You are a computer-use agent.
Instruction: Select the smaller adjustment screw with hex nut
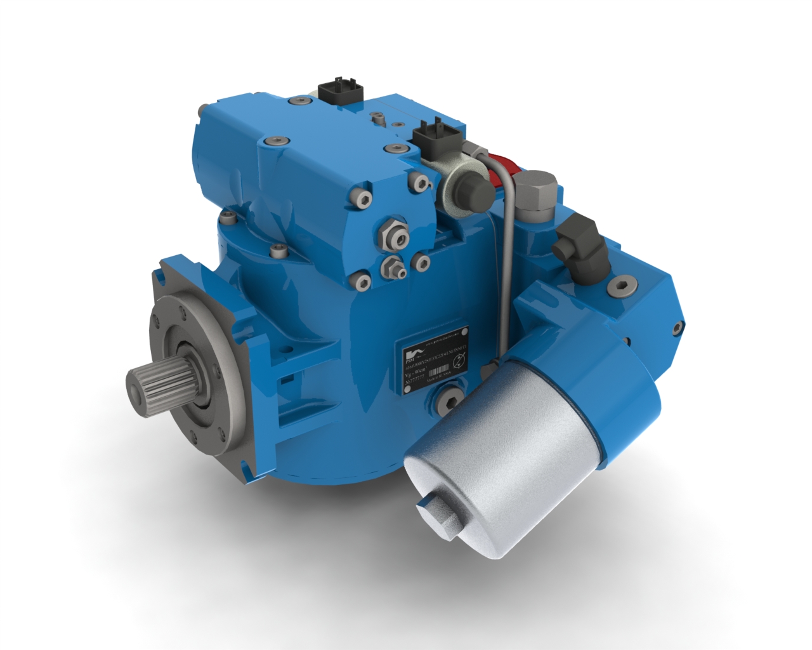(394, 269)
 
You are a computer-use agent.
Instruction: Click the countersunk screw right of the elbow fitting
(622, 286)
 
